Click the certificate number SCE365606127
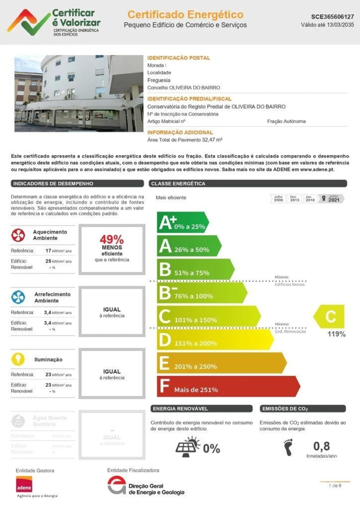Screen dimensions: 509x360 coord(332,17)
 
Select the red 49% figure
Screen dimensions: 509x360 coord(112,240)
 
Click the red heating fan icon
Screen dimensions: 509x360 coord(18,236)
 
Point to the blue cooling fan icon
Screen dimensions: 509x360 coord(18,297)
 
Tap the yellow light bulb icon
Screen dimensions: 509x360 coord(18,359)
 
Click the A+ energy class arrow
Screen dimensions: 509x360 coord(182,223)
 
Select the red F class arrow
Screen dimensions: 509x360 coord(228,386)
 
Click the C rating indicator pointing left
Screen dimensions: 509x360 coord(330,317)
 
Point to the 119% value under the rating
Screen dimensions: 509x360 coord(336,334)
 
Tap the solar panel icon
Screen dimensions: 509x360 coord(187,447)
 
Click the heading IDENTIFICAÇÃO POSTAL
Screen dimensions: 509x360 coord(178,58)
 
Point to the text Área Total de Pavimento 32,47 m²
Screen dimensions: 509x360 coord(185,140)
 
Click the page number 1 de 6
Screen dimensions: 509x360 coord(335,486)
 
